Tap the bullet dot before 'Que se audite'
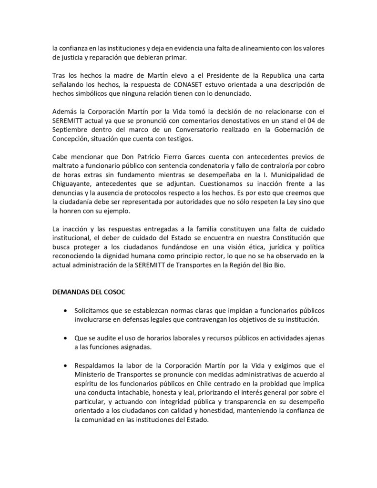tap(65, 337)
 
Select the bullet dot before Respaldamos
tap(65, 365)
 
